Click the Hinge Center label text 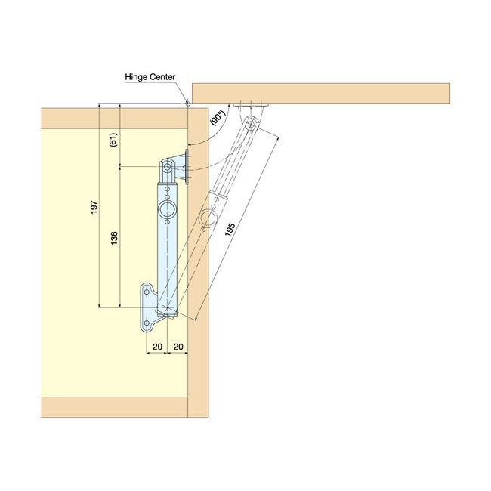point(150,77)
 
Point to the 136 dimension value point(114,238)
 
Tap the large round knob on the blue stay point(166,210)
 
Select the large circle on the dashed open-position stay point(209,219)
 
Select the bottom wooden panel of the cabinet point(113,407)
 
